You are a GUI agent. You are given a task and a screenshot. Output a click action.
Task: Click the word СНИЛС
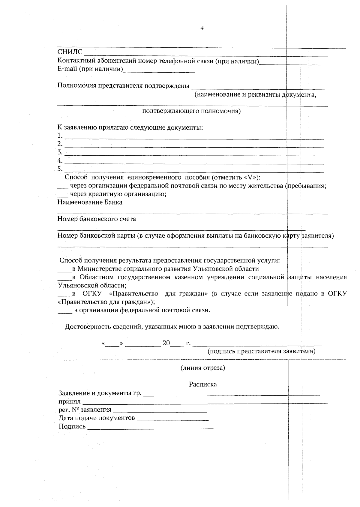click(70, 53)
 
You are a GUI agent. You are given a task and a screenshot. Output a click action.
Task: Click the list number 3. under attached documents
click(60, 152)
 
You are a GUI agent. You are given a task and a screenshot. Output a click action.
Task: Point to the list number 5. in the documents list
click(60, 169)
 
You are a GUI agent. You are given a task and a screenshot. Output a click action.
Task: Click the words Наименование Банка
click(90, 202)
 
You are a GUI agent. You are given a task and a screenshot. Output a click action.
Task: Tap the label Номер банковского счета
click(97, 219)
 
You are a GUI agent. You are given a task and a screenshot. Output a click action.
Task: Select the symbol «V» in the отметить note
click(251, 177)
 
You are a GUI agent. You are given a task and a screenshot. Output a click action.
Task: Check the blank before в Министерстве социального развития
click(64, 269)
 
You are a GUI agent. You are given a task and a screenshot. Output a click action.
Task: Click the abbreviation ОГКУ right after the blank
click(92, 294)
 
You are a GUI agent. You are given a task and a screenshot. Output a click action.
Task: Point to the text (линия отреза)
click(202, 368)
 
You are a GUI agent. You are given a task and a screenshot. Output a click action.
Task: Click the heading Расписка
click(203, 385)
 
